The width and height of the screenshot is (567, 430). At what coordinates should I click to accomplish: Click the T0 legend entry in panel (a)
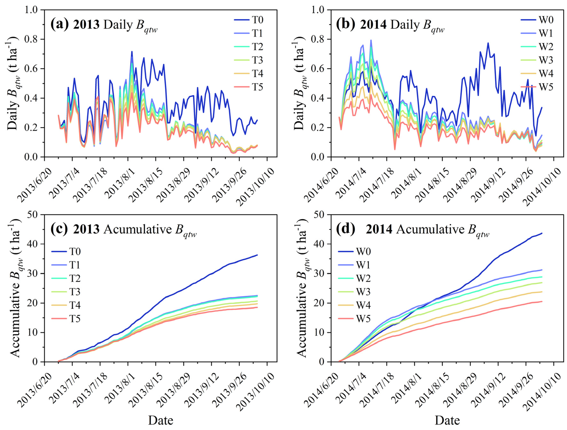257,20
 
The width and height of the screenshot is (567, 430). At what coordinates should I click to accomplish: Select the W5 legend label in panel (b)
546,87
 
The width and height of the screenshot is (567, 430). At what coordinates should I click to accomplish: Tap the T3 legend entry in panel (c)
75,292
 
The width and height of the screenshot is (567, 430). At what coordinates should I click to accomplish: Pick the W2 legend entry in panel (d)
363,279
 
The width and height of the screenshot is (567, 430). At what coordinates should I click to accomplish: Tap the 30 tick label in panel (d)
319,273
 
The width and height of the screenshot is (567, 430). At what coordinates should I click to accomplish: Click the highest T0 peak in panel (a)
132,52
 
